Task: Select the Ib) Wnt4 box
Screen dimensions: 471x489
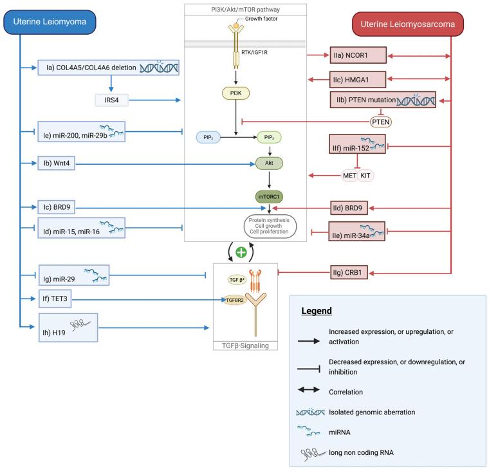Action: [60, 164]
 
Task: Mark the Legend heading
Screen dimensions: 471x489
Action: [317, 311]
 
